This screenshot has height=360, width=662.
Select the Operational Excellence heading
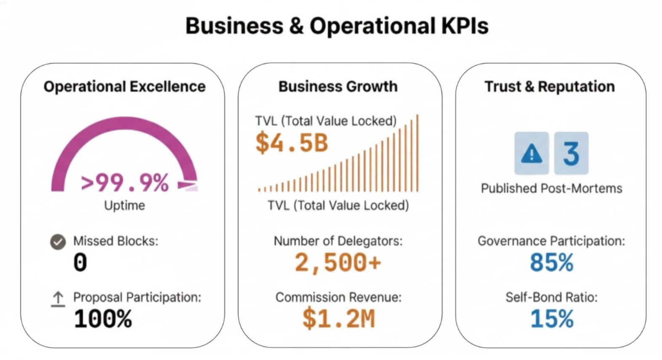point(125,86)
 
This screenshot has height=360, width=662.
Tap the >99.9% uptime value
point(125,183)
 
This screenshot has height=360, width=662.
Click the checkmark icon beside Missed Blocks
point(58,242)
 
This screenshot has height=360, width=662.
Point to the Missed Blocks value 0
point(80,263)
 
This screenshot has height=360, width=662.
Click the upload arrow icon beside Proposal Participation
point(58,299)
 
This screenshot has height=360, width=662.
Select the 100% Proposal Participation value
point(103,319)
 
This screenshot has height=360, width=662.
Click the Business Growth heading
point(338,86)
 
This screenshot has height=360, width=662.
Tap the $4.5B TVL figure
point(292,142)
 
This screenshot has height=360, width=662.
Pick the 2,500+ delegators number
point(338,263)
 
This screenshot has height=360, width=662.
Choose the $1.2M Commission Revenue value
point(338,318)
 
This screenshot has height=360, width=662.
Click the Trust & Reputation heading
point(550,86)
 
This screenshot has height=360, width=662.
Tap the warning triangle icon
point(532,153)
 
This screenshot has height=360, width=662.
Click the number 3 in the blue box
point(571,153)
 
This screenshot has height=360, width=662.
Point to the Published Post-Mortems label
point(551,188)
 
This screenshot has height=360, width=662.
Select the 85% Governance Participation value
point(551,263)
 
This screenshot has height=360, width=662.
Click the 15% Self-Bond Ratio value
point(551,319)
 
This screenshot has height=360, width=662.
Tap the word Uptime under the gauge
point(125,205)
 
